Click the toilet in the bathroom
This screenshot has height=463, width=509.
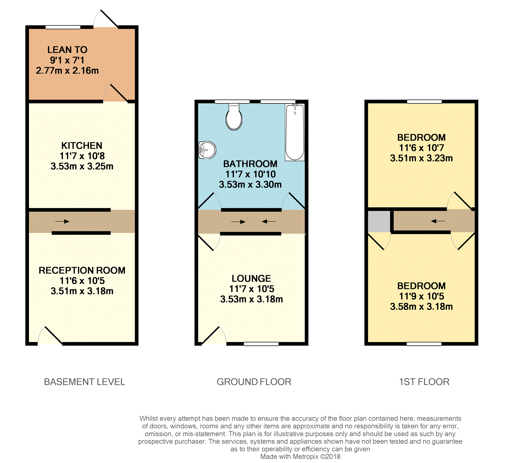pyautogui.click(x=234, y=118)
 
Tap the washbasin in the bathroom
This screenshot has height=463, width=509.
pyautogui.click(x=207, y=150)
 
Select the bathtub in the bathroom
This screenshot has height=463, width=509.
pyautogui.click(x=295, y=132)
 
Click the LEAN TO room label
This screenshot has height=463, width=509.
pyautogui.click(x=67, y=50)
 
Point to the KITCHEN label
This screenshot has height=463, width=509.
pyautogui.click(x=81, y=146)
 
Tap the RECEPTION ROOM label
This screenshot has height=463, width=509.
pyautogui.click(x=82, y=270)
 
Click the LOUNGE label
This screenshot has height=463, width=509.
pyautogui.click(x=251, y=278)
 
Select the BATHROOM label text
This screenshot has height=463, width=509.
pyautogui.click(x=250, y=164)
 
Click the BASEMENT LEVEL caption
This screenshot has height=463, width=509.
pyautogui.click(x=84, y=382)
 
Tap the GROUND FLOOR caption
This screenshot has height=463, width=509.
pyautogui.click(x=254, y=382)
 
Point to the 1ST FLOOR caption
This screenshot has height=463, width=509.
pyautogui.click(x=424, y=382)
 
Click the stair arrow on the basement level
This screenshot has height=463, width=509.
pyautogui.click(x=62, y=221)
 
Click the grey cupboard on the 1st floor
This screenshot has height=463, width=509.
pyautogui.click(x=379, y=221)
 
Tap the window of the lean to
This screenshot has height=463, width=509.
pyautogui.click(x=63, y=27)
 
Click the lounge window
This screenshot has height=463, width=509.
pyautogui.click(x=261, y=344)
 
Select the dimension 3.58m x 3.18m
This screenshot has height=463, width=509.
pyautogui.click(x=421, y=307)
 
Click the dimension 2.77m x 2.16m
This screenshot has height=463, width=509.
pyautogui.click(x=67, y=71)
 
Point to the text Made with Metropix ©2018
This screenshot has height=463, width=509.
pyautogui.click(x=300, y=456)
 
